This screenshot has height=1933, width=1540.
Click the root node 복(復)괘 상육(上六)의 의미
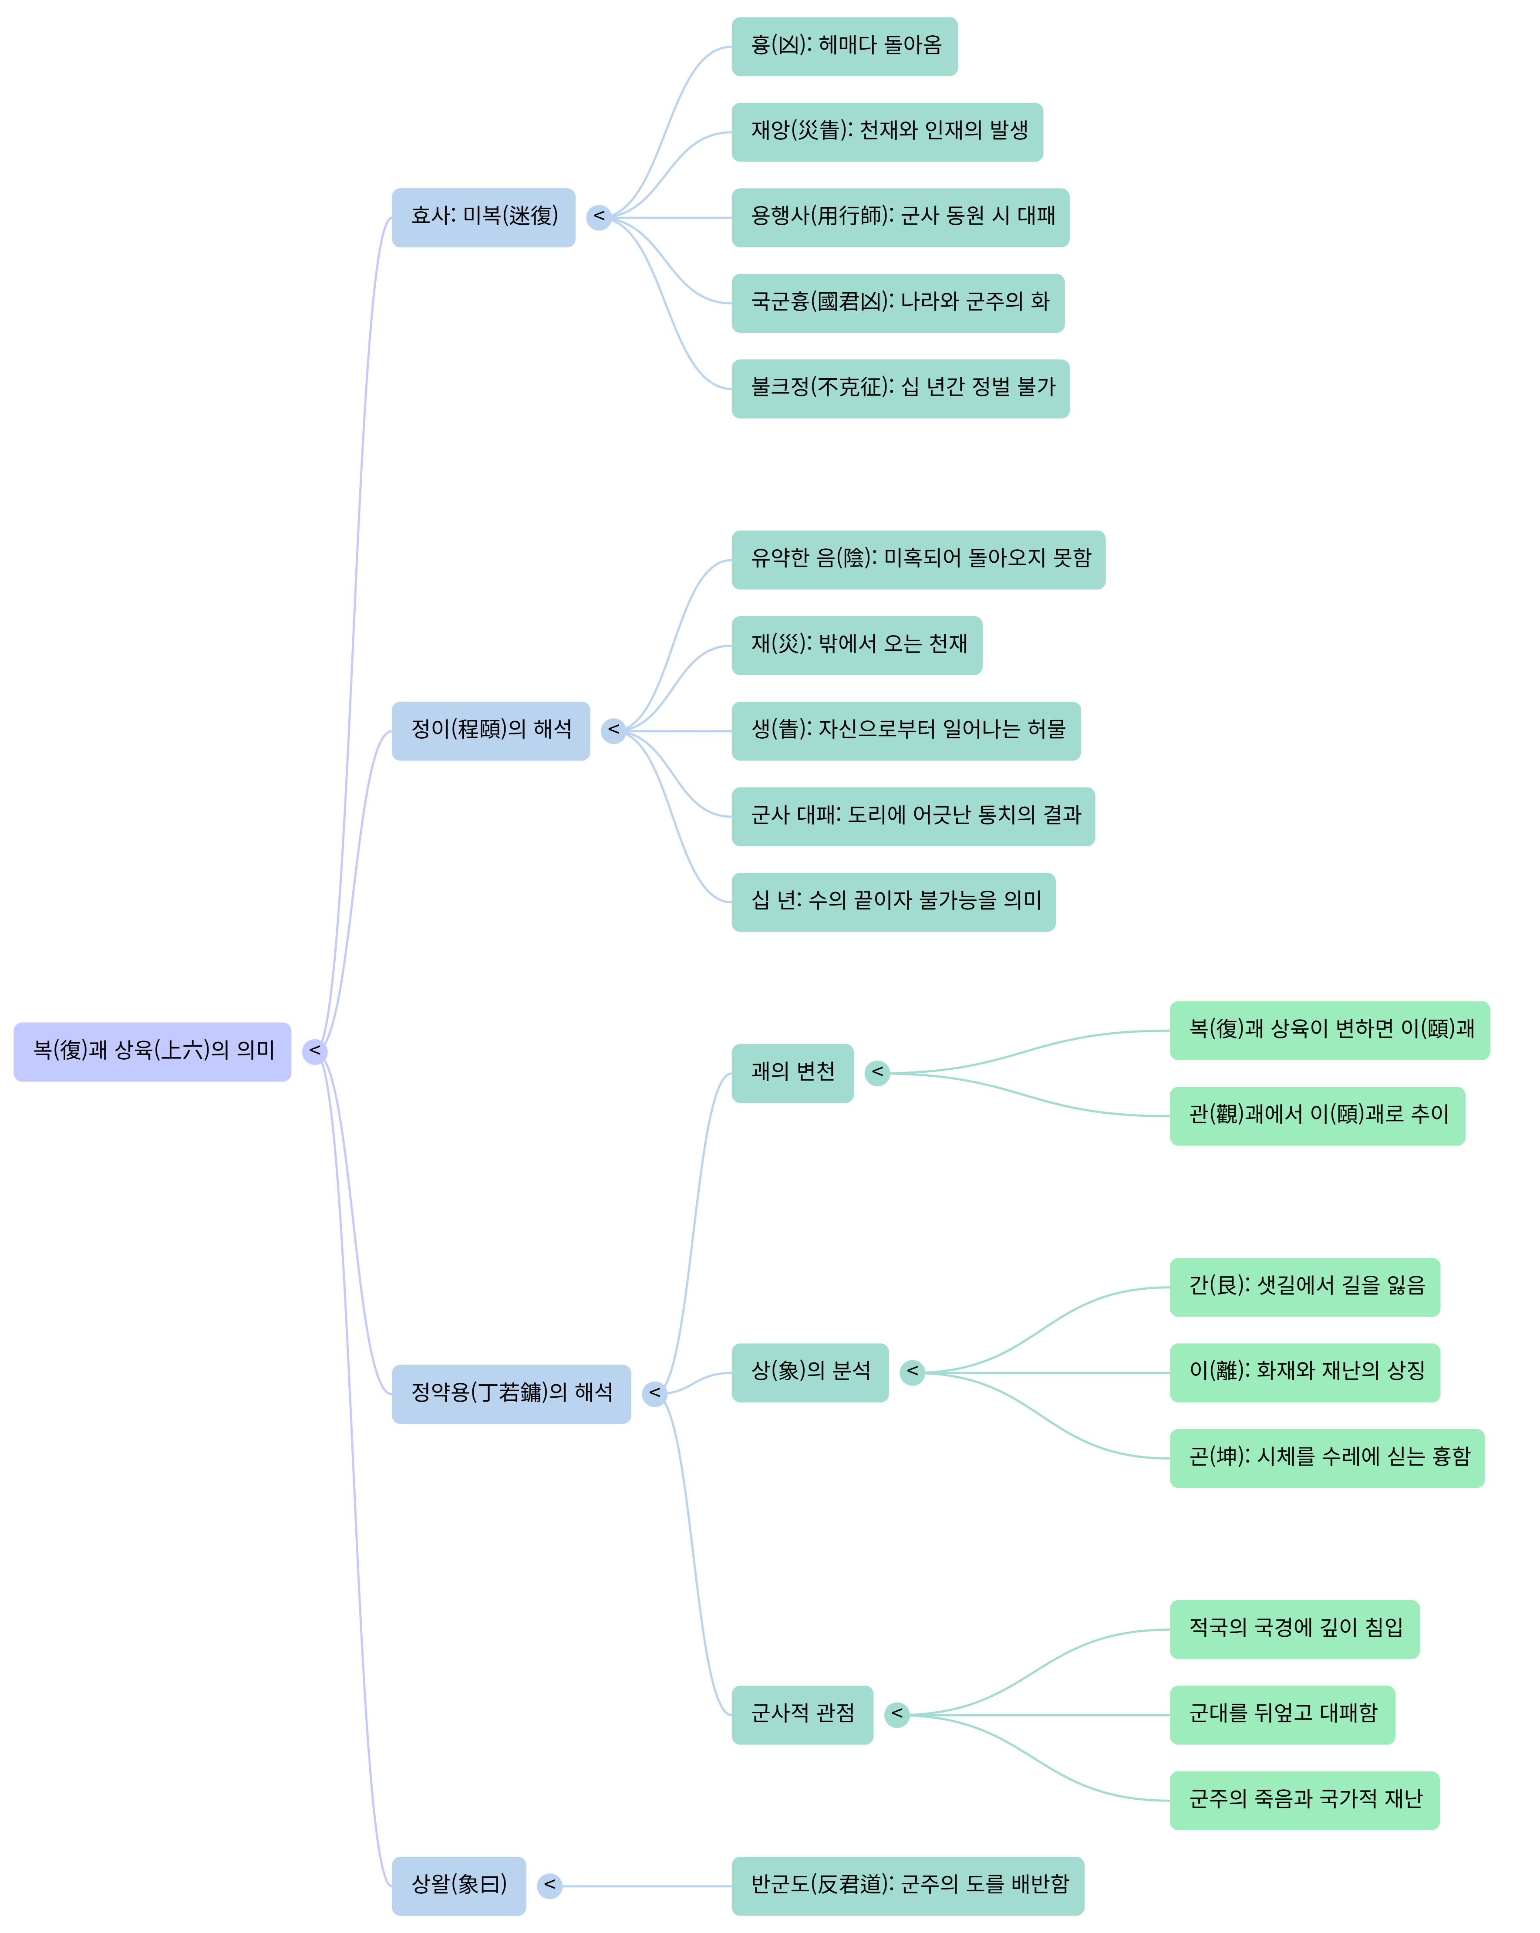pyautogui.click(x=152, y=1051)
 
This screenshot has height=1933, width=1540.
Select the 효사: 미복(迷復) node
pyautogui.click(x=483, y=217)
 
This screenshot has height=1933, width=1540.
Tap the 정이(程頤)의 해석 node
pyautogui.click(x=490, y=731)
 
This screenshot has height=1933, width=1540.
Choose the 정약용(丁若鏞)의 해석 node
pyautogui.click(x=511, y=1393)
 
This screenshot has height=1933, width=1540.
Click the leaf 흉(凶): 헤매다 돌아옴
pyautogui.click(x=844, y=47)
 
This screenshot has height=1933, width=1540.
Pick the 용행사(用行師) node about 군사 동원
pyautogui.click(x=900, y=217)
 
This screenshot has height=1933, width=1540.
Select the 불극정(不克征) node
pyautogui.click(x=900, y=388)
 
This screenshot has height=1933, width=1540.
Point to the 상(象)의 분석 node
pyautogui.click(x=809, y=1372)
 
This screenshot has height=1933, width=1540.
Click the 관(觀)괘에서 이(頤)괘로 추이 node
pyautogui.click(x=1317, y=1115)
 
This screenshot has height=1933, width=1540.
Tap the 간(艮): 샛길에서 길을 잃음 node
pyautogui.click(x=1304, y=1287)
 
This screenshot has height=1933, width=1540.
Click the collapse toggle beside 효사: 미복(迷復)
pyautogui.click(x=599, y=217)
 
